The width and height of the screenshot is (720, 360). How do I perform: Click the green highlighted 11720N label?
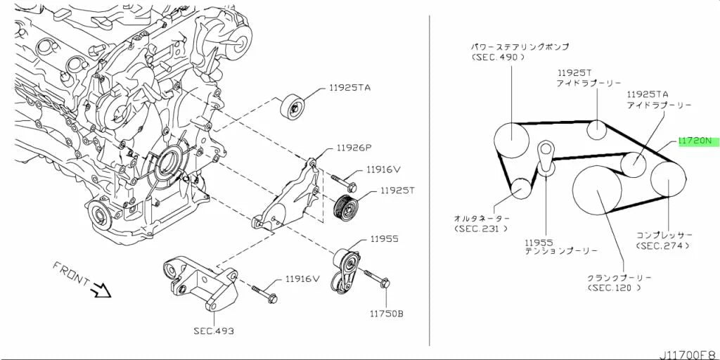pyautogui.click(x=698, y=141)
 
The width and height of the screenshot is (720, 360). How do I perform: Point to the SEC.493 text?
pyautogui.click(x=212, y=330)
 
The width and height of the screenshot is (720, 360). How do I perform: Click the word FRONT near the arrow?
pyautogui.click(x=71, y=274)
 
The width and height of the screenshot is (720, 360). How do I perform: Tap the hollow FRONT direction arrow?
pyautogui.click(x=101, y=290)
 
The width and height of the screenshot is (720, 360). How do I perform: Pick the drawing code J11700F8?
pyautogui.click(x=689, y=355)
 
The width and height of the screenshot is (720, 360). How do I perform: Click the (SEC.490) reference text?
pyautogui.click(x=498, y=58)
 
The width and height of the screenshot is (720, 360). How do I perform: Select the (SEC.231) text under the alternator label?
pyautogui.click(x=481, y=229)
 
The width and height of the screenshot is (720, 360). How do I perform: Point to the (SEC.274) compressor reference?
pyautogui.click(x=662, y=245)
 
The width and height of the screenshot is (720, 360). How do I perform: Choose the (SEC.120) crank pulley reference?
pyautogui.click(x=613, y=288)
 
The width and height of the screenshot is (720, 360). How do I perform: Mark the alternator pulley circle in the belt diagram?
pyautogui.click(x=521, y=188)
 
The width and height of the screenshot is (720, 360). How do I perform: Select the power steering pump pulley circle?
pyautogui.click(x=512, y=140)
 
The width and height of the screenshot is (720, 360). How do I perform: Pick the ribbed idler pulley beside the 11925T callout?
pyautogui.click(x=345, y=210)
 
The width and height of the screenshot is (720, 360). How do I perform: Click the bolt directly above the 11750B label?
pyautogui.click(x=377, y=278)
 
